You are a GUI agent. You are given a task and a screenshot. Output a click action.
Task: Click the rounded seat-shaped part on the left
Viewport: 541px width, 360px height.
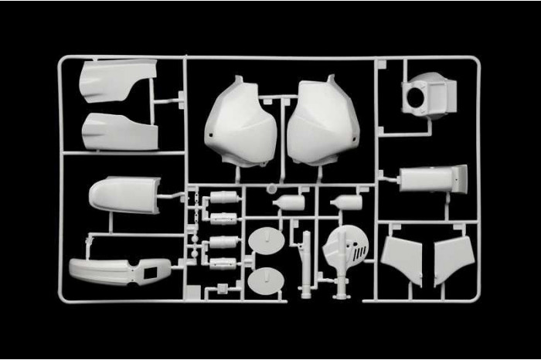pyautogui.click(x=124, y=194)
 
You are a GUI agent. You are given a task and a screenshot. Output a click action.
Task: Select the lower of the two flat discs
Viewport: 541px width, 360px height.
pyautogui.click(x=266, y=281)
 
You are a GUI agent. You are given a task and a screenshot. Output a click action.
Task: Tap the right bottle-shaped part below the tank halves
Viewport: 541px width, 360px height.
pyautogui.click(x=345, y=202)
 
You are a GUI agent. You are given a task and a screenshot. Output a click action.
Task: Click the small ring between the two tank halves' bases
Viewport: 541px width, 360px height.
pyautogui.click(x=272, y=187)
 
